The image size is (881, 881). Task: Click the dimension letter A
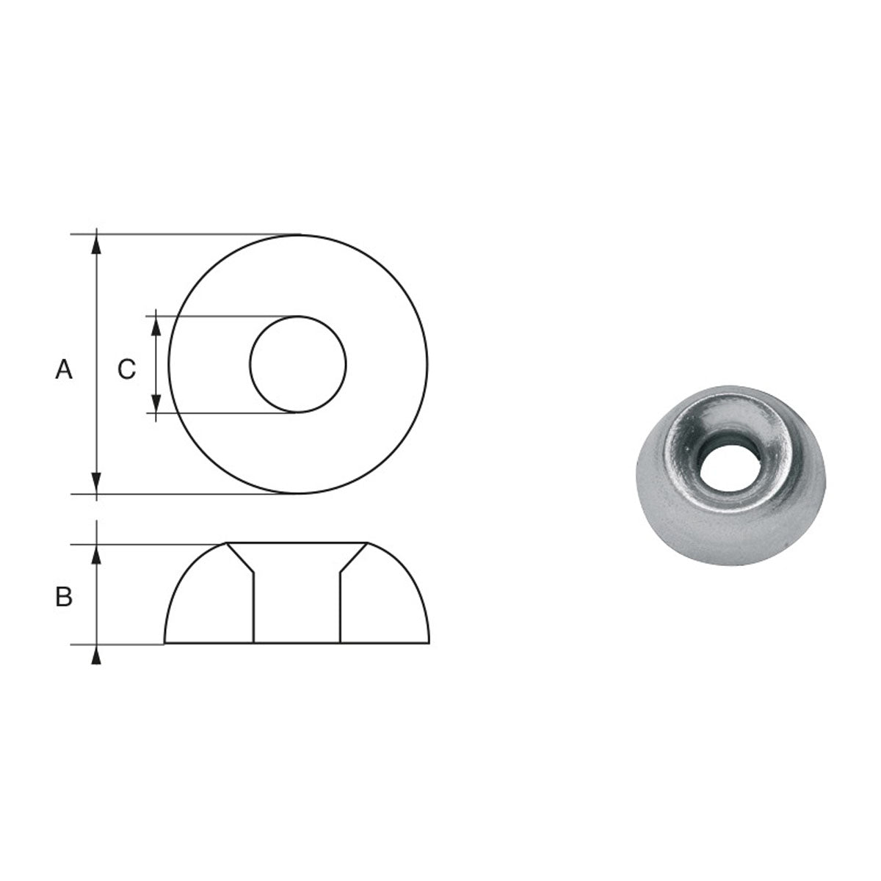64,369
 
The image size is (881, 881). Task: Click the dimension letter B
64,598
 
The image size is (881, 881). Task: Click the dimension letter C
126,369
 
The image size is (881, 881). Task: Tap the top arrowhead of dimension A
95,245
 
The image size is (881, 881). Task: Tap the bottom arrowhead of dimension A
95,483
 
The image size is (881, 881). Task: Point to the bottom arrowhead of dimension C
156,403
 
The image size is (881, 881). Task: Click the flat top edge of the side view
297,543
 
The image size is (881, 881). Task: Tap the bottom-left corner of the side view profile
164,643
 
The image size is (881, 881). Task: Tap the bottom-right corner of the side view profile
429,643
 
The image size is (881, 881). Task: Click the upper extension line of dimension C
220,317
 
